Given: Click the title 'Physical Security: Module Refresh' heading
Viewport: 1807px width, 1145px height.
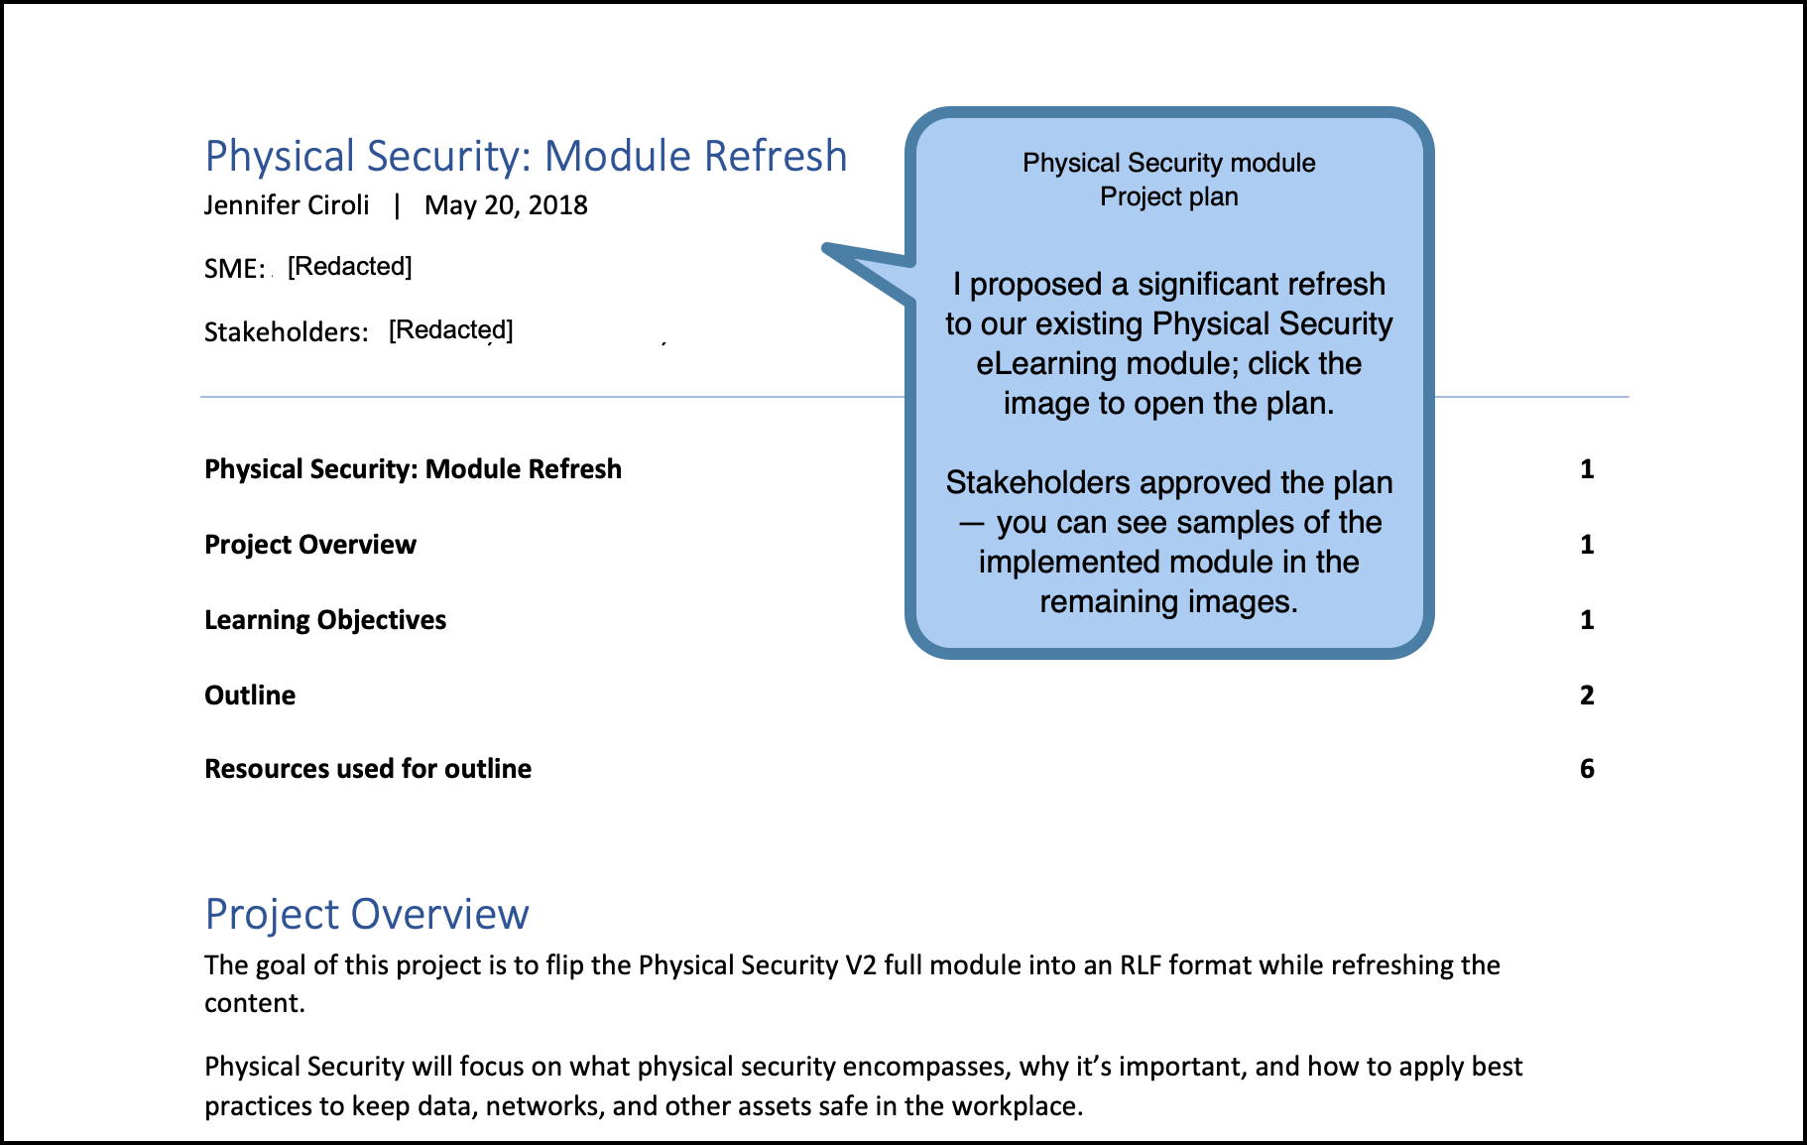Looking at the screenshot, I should pos(526,157).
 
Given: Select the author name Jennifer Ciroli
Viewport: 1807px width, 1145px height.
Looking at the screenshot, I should pos(287,205).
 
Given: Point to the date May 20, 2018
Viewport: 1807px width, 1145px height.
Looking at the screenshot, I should pos(506,205).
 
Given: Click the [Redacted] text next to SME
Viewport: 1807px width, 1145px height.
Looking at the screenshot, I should pos(349,266).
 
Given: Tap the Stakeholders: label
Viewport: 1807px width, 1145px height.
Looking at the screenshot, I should pos(286,331).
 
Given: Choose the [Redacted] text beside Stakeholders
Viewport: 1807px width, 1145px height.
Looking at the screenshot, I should pos(450,329).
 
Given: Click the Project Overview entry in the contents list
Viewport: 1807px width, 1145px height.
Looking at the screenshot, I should pos(309,545).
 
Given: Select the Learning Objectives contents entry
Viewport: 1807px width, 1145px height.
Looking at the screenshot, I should pos(325,620).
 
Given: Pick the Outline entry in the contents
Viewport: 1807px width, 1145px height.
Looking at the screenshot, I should pos(250,696).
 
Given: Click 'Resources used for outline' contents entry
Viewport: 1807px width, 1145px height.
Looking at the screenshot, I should pos(368,769).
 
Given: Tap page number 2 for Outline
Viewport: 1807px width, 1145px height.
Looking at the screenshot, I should pos(1587,696).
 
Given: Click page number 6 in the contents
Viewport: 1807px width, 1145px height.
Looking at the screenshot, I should pos(1587,769).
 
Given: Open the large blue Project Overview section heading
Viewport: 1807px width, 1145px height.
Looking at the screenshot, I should pos(367,914).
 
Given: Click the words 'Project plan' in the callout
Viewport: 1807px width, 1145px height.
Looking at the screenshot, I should pos(1168,196).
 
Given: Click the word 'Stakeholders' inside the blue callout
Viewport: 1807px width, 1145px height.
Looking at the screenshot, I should pos(1037,483).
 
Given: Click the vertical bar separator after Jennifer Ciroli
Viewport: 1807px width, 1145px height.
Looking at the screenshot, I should pos(397,205).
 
